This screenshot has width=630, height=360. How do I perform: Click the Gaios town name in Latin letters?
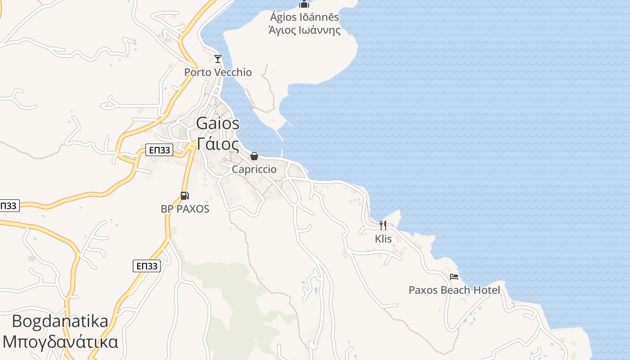pos(218,124)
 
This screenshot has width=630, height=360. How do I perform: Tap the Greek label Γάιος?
pos(218,144)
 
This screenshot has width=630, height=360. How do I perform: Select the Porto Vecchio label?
pos(218,72)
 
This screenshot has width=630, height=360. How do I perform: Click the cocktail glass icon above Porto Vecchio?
pos(218,58)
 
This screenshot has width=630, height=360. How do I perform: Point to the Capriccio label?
pos(254,170)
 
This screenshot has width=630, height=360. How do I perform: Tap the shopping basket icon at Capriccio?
pos(254,156)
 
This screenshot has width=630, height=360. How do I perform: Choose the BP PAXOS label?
pos(185,209)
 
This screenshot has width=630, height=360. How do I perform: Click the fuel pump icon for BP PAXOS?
pos(184,196)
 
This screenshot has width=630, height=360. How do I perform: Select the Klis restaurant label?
pos(383,239)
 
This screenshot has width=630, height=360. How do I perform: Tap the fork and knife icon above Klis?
pos(382,225)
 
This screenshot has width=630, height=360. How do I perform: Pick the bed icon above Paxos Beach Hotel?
pos(454,276)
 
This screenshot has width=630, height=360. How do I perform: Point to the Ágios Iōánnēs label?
pos(304,18)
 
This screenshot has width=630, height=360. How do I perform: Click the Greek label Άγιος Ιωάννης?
pos(304,31)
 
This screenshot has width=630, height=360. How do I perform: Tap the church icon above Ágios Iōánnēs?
pos(304,4)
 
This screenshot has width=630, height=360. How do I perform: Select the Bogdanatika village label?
pos(60,322)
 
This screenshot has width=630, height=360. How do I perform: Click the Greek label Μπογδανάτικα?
pos(60,342)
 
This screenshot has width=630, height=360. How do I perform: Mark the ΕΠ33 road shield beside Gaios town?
pos(159,150)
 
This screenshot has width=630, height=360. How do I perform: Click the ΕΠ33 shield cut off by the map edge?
pos(8,206)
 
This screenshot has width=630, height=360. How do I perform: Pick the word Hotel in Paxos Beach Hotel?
pos(486,290)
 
